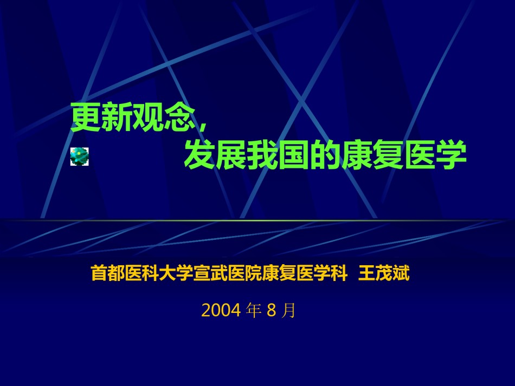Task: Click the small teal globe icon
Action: (x=80, y=156)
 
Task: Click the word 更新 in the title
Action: (x=101, y=117)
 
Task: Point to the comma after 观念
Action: (x=202, y=126)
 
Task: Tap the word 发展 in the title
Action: (x=215, y=154)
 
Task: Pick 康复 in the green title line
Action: (x=372, y=154)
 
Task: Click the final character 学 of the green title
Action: (x=450, y=154)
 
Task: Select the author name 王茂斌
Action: (x=384, y=273)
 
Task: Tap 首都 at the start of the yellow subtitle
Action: (x=108, y=273)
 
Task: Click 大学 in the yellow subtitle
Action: (x=176, y=273)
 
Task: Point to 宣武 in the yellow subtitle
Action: (x=210, y=273)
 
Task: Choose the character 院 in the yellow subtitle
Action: (x=253, y=273)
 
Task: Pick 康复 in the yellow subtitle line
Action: (x=279, y=273)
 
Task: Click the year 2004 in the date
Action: (x=221, y=310)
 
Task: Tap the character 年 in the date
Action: (x=254, y=310)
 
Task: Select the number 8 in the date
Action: (x=271, y=310)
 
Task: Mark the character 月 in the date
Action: (x=289, y=310)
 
